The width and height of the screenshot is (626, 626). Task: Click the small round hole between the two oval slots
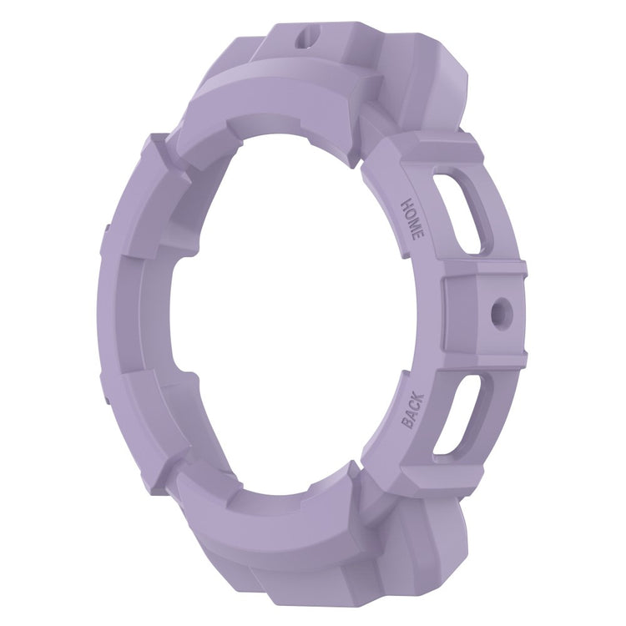click(500, 310)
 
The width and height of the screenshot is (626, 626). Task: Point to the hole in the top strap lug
click(307, 38)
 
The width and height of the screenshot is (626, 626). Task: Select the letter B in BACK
click(408, 423)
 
